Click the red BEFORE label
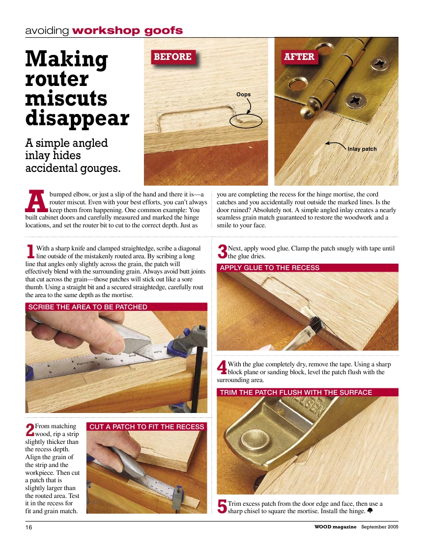click(172, 57)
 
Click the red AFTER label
click(299, 57)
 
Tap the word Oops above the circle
click(243, 94)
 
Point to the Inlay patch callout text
click(362, 149)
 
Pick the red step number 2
click(29, 430)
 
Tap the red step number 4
click(222, 367)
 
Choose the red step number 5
click(222, 507)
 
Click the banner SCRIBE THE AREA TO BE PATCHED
click(88, 307)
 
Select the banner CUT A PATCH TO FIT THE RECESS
click(146, 427)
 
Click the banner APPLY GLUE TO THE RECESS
click(270, 268)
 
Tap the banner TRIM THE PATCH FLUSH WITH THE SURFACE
click(296, 392)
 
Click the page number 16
click(29, 527)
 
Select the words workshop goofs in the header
click(127, 30)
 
